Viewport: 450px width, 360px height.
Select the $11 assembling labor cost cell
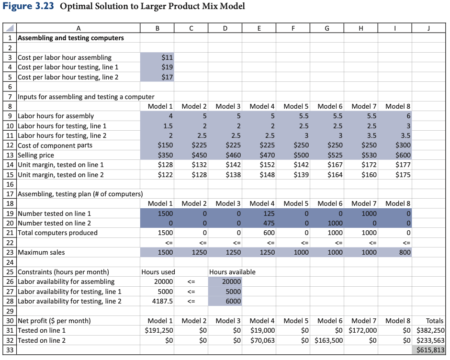click(160, 57)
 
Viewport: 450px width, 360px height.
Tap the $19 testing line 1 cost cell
click(160, 67)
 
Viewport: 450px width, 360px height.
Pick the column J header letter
click(429, 28)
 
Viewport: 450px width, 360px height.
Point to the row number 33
click(9, 350)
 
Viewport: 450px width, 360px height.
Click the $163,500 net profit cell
click(328, 340)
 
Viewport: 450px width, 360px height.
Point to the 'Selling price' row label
click(36, 155)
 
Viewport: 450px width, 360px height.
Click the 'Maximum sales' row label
click(41, 252)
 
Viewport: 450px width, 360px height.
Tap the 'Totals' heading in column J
click(434, 321)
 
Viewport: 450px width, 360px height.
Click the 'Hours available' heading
click(232, 272)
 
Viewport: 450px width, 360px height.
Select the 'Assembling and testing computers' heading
click(70, 38)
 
